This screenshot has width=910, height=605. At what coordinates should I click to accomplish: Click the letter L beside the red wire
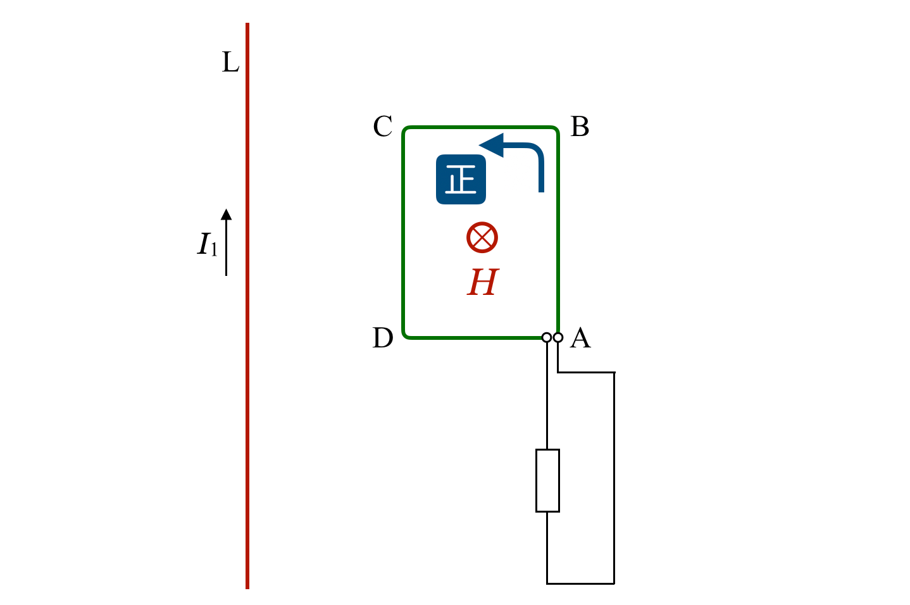click(230, 63)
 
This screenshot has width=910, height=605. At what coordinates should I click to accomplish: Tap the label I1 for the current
click(207, 245)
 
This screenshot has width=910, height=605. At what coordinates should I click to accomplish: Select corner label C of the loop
click(383, 127)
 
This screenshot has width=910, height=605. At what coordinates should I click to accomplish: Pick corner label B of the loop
click(580, 127)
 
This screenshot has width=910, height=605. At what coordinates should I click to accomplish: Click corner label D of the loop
click(383, 338)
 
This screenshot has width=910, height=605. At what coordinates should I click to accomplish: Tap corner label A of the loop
click(580, 338)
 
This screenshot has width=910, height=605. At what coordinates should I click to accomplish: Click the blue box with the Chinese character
click(461, 180)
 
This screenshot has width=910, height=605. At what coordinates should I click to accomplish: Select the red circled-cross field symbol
click(482, 238)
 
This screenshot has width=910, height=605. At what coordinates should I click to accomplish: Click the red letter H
click(483, 282)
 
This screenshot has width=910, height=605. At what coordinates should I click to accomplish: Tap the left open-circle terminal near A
click(547, 337)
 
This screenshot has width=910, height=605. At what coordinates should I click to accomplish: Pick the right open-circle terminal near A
click(558, 337)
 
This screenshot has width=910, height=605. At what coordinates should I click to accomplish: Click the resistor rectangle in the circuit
click(547, 480)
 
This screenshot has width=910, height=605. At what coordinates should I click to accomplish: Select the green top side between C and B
click(481, 128)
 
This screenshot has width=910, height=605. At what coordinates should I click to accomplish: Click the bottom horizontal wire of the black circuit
click(580, 583)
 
